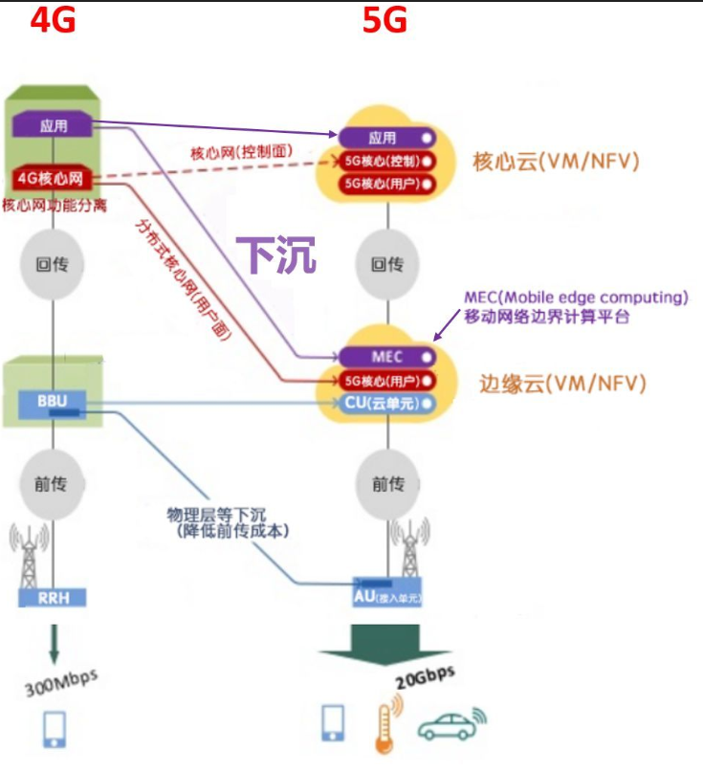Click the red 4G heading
(53, 20)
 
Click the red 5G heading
(385, 20)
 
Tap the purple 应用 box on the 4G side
(55, 124)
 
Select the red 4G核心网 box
(54, 177)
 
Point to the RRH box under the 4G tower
(53, 598)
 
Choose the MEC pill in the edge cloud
(385, 357)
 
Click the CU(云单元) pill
(387, 404)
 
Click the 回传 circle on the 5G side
(386, 264)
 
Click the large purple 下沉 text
(275, 256)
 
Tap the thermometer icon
(385, 720)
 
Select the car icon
(450, 725)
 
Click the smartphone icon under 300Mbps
(54, 728)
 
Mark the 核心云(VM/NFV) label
(556, 161)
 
